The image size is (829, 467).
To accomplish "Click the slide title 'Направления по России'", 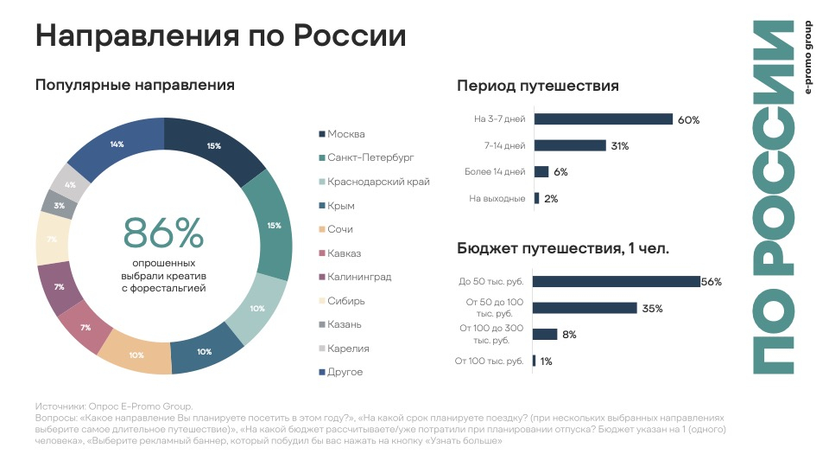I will (x=220, y=36).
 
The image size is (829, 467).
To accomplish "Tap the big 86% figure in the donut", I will (x=163, y=233).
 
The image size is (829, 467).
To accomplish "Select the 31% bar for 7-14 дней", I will (x=570, y=146).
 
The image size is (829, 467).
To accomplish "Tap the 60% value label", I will (x=688, y=120).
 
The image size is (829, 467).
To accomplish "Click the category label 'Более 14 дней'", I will (x=495, y=172).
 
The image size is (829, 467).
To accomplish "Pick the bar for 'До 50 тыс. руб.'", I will (x=617, y=281).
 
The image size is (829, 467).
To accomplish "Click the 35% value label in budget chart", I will (x=651, y=308).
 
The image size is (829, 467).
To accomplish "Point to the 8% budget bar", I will (x=545, y=335).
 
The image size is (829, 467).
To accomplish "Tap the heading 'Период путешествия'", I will (x=537, y=86).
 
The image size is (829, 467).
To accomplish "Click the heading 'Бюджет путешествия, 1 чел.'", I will (x=563, y=249).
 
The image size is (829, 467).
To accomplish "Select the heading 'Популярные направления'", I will (x=135, y=85).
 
